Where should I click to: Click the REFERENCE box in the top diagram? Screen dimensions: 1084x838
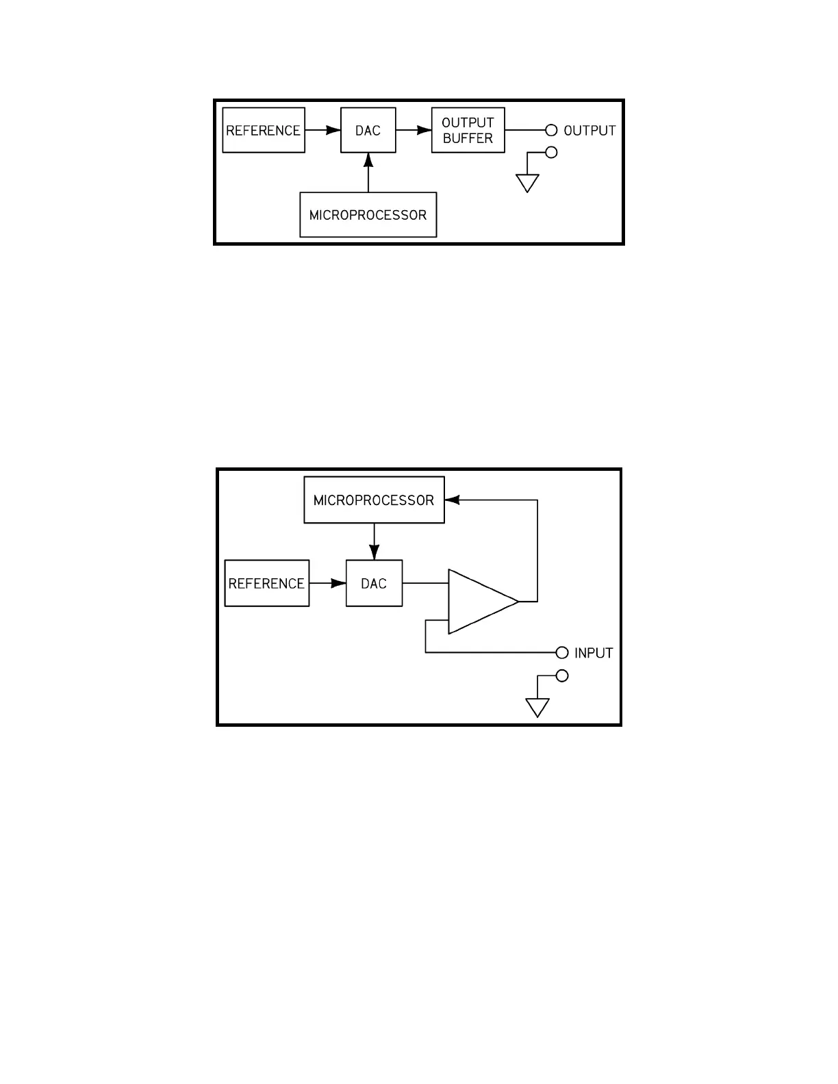pyautogui.click(x=264, y=130)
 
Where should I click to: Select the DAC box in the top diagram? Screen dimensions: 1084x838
pyautogui.click(x=368, y=130)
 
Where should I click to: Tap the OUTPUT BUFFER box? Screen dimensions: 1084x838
pyautogui.click(x=468, y=130)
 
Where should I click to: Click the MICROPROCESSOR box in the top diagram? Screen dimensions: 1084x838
pyautogui.click(x=368, y=215)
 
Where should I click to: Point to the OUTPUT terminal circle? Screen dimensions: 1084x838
pyautogui.click(x=551, y=130)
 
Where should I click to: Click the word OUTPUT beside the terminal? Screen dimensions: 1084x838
pyautogui.click(x=589, y=130)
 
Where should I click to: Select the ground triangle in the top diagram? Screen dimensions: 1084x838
pyautogui.click(x=527, y=183)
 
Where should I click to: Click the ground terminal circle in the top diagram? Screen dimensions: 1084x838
pyautogui.click(x=551, y=153)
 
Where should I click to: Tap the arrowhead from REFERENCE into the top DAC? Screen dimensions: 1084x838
pyautogui.click(x=333, y=130)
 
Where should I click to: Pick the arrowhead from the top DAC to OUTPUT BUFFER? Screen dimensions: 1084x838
pyautogui.click(x=424, y=130)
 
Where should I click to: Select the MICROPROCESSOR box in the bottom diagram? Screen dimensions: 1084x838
pyautogui.click(x=374, y=500)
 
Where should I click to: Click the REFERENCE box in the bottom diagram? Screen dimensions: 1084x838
pyautogui.click(x=266, y=583)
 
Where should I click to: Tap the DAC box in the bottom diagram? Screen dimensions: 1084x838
pyautogui.click(x=374, y=583)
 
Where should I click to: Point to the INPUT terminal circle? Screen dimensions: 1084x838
pyautogui.click(x=562, y=652)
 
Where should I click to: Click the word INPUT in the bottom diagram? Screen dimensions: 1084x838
pyautogui.click(x=594, y=653)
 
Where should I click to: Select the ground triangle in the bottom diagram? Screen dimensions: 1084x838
pyautogui.click(x=537, y=707)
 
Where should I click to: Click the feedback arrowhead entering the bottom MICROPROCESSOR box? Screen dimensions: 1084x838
pyautogui.click(x=453, y=500)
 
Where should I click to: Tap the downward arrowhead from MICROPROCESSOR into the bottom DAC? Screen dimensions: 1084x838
pyautogui.click(x=374, y=552)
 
